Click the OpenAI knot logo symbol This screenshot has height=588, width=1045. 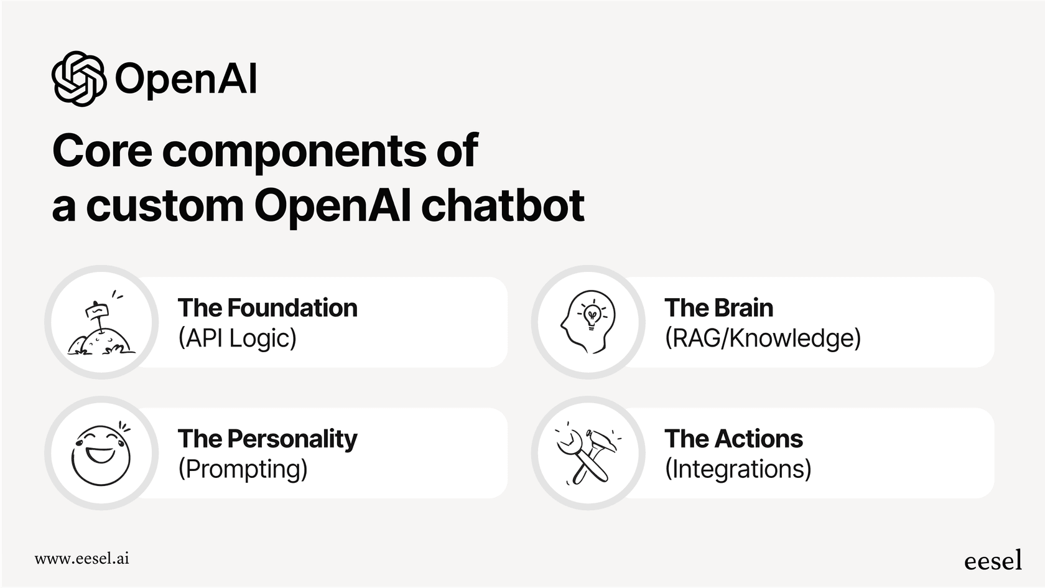[78, 79]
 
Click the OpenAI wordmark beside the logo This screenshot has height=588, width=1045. [186, 80]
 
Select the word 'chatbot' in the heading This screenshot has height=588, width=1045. [503, 205]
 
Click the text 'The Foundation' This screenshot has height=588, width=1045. [267, 308]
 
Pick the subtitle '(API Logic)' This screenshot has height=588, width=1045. [237, 338]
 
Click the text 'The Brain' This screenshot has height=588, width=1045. [718, 308]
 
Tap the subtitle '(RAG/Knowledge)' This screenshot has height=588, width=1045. [763, 338]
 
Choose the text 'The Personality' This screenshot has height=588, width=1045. [267, 439]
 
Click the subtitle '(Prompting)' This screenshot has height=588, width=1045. [243, 469]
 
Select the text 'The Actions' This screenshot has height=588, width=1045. [733, 439]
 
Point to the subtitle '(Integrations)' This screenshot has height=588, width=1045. [738, 469]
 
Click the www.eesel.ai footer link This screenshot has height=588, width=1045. [81, 558]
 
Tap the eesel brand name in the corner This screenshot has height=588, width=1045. [993, 560]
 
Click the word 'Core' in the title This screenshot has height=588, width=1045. [102, 151]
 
